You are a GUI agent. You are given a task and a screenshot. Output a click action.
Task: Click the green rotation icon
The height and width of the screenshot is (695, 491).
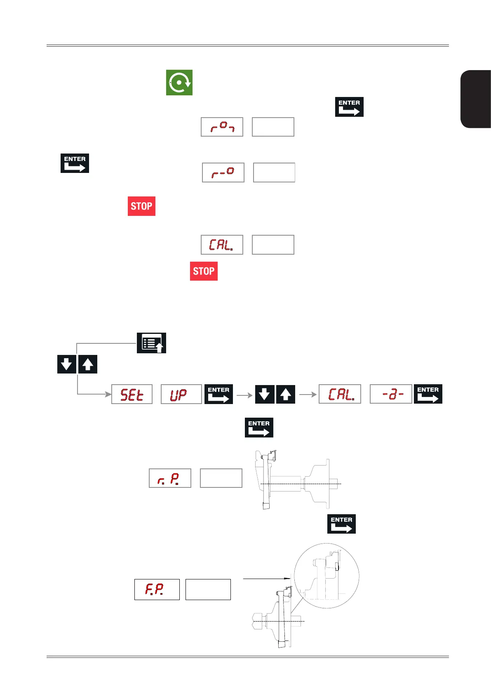pyautogui.click(x=179, y=83)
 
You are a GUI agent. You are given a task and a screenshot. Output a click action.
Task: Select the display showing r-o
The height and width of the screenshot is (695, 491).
pyautogui.click(x=223, y=173)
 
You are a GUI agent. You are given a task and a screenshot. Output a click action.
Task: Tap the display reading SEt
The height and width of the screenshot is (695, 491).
pyautogui.click(x=132, y=394)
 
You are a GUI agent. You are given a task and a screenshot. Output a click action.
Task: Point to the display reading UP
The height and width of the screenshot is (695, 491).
pyautogui.click(x=181, y=394)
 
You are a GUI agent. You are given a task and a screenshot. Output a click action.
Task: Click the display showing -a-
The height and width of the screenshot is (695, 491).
pyautogui.click(x=391, y=394)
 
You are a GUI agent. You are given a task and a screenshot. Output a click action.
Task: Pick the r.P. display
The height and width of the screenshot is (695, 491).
pyautogui.click(x=170, y=478)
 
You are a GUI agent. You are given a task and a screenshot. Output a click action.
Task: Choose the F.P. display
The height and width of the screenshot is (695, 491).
pyautogui.click(x=157, y=589)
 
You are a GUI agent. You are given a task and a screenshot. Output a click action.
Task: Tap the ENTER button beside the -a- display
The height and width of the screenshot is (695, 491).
pyautogui.click(x=428, y=394)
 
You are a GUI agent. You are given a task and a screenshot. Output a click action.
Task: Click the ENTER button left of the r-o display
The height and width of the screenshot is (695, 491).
pyautogui.click(x=75, y=163)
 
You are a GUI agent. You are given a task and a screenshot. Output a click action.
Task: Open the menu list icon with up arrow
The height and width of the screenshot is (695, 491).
pyautogui.click(x=151, y=343)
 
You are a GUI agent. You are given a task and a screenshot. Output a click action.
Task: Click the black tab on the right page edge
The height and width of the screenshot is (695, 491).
pyautogui.click(x=476, y=99)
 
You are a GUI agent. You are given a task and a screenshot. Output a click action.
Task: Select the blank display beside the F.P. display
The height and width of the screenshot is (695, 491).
pyautogui.click(x=208, y=589)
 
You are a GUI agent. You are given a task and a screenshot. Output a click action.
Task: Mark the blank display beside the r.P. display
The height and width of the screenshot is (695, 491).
pyautogui.click(x=221, y=478)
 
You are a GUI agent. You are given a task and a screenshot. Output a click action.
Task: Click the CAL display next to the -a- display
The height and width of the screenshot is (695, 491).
pyautogui.click(x=340, y=394)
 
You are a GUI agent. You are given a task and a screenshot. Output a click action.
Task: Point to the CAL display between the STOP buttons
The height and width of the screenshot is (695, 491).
pyautogui.click(x=222, y=245)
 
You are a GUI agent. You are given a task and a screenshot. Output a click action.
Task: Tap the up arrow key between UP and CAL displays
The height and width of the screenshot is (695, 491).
pyautogui.click(x=286, y=394)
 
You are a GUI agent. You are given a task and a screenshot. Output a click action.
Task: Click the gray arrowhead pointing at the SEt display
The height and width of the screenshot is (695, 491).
pyautogui.click(x=108, y=394)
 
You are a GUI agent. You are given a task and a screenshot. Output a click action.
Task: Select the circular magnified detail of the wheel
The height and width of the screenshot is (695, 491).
pyautogui.click(x=327, y=576)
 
